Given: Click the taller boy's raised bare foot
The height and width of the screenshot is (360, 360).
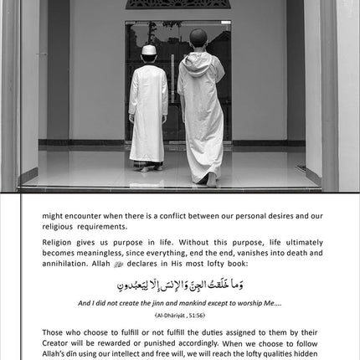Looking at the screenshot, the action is pyautogui.click(x=211, y=178).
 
